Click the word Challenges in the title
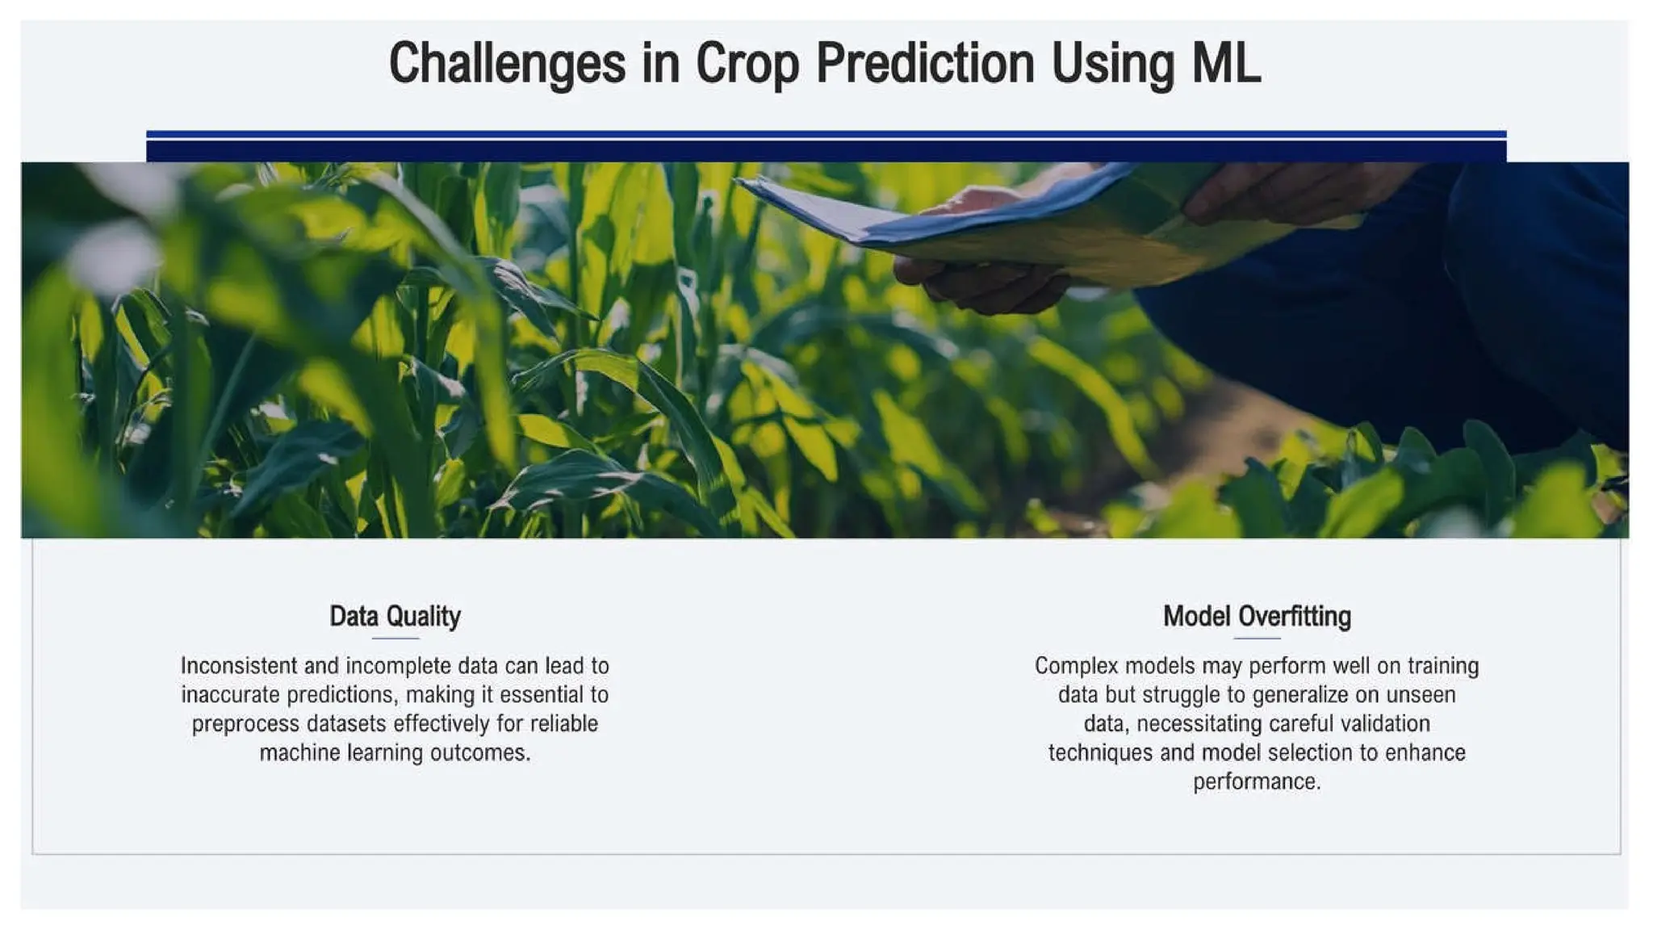(507, 64)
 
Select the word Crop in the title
(747, 64)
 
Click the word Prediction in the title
(924, 64)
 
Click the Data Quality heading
(395, 617)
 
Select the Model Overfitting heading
(1256, 617)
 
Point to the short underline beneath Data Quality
(395, 639)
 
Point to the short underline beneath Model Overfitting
(1257, 639)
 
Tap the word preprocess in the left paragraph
(245, 724)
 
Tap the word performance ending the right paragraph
(1256, 782)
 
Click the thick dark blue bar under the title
(826, 151)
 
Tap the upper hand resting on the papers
(1291, 190)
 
